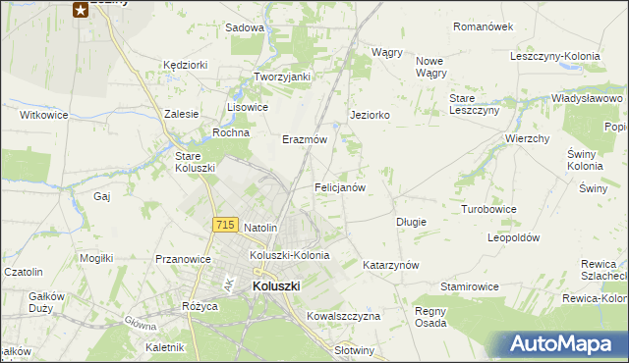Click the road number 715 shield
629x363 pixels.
coord(225,225)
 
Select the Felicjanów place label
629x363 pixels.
coord(340,186)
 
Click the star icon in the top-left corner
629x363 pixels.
coord(81,10)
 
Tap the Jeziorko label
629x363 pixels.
coord(371,115)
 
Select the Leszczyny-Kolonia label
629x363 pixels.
coord(554,56)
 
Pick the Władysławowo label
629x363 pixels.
coord(588,99)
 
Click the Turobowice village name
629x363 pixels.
coord(488,210)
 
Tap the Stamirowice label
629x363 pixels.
coord(470,286)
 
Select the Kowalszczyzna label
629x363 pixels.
coord(343,316)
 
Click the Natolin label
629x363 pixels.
coord(260,228)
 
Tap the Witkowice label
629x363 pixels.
coord(44,115)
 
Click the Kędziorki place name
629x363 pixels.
coord(186,65)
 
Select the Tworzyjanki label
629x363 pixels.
coord(282,77)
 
